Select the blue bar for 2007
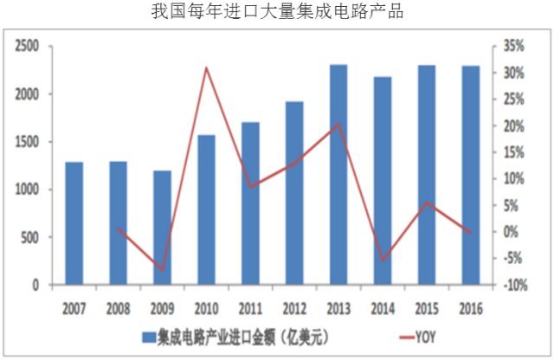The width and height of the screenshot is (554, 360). pyautogui.click(x=74, y=223)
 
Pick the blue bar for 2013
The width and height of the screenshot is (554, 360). pyautogui.click(x=338, y=174)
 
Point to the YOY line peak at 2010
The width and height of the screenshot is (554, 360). pyautogui.click(x=207, y=67)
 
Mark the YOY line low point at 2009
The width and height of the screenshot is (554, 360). pyautogui.click(x=163, y=269)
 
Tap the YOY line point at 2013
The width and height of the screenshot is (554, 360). pyautogui.click(x=338, y=125)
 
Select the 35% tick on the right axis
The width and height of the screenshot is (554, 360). pyautogui.click(x=513, y=47)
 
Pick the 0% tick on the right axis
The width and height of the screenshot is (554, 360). pyautogui.click(x=511, y=232)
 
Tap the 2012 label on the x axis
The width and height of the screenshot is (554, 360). pyautogui.click(x=294, y=306)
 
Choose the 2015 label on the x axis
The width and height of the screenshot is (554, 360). pyautogui.click(x=426, y=306)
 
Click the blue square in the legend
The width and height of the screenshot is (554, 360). pyautogui.click(x=149, y=334)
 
